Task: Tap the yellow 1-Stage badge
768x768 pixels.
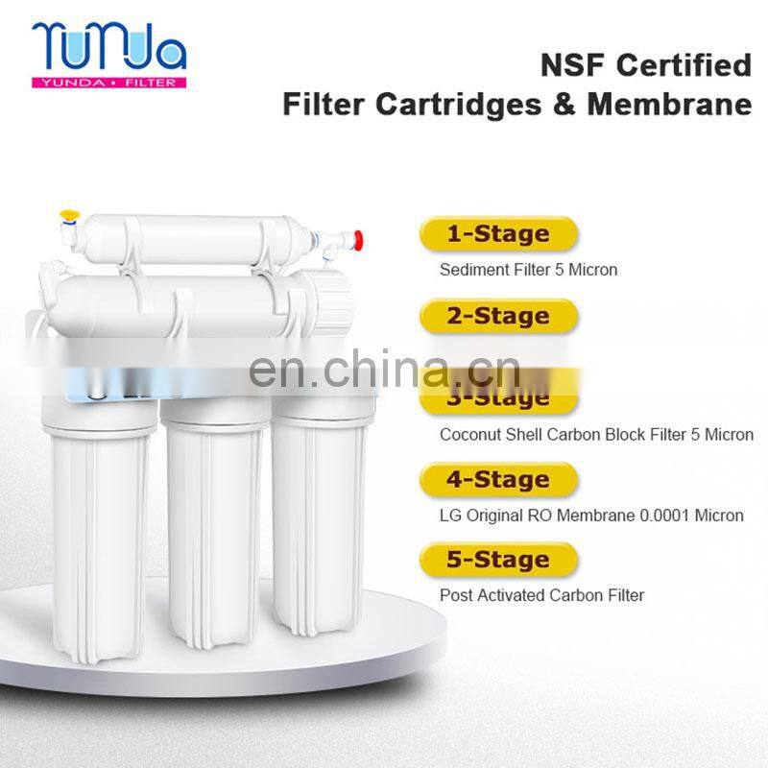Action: [497, 234]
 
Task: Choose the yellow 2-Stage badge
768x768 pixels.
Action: [497, 316]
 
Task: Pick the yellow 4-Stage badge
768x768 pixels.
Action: [497, 479]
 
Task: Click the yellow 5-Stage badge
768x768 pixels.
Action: [497, 560]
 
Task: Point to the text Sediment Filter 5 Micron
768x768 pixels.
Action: [528, 270]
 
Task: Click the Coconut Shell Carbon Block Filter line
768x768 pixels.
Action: [596, 434]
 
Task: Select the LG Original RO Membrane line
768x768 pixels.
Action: [591, 516]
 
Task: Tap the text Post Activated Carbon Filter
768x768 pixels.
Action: [541, 595]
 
